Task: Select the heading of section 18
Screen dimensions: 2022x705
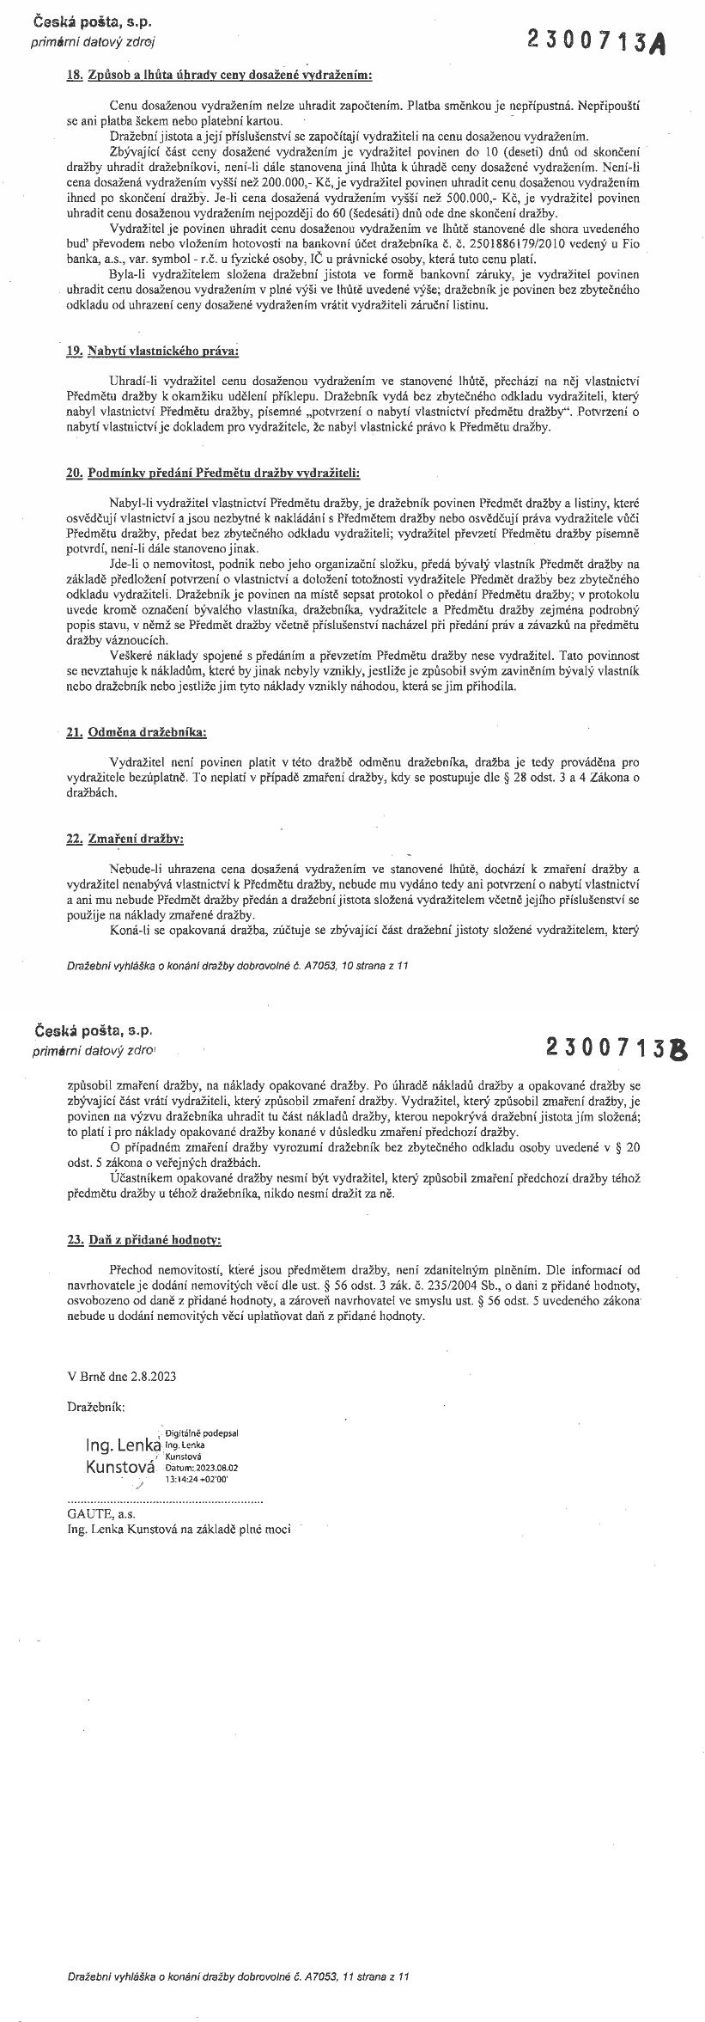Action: [220, 75]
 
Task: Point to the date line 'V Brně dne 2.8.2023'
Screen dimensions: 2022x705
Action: [121, 1375]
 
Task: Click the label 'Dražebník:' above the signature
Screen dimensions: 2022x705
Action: [95, 1407]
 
